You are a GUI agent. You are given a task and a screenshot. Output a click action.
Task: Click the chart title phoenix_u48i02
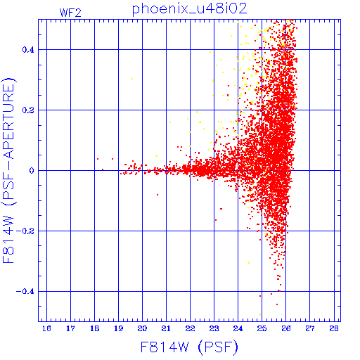(x=190, y=9)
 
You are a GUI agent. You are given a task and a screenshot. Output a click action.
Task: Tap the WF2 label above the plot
(x=70, y=13)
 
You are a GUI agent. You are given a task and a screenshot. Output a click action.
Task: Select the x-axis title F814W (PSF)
(x=189, y=347)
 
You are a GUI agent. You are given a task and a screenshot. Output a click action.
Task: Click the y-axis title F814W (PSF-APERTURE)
(x=8, y=171)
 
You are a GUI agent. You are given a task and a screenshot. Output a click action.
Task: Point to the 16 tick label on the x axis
(x=46, y=328)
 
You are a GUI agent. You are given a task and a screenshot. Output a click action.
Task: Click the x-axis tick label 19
(x=118, y=328)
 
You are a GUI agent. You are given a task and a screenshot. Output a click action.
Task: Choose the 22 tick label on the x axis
(x=190, y=328)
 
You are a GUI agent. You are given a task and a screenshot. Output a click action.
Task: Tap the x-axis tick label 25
(x=262, y=328)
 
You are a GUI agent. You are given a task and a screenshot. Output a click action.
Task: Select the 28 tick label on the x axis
(x=334, y=328)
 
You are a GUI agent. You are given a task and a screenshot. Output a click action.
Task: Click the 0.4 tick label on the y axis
(x=28, y=50)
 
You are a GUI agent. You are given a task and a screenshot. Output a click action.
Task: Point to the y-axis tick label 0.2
(x=28, y=110)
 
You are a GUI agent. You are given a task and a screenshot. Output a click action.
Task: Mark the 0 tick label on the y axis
(x=32, y=171)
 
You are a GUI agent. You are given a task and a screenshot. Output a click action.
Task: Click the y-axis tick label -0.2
(x=25, y=231)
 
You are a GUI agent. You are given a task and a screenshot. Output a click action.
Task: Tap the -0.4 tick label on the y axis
(x=25, y=292)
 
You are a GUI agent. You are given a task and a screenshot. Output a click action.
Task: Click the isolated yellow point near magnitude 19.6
(x=132, y=79)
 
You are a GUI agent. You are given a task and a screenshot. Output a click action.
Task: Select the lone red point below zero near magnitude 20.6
(x=157, y=195)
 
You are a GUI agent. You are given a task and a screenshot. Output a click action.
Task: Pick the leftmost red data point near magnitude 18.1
(x=98, y=159)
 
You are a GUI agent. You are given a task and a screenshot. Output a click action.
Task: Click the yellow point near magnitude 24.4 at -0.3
(x=249, y=263)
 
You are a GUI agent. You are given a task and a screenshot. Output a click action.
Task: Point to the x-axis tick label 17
(x=70, y=328)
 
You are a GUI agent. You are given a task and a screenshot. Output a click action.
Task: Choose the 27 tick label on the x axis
(x=310, y=328)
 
